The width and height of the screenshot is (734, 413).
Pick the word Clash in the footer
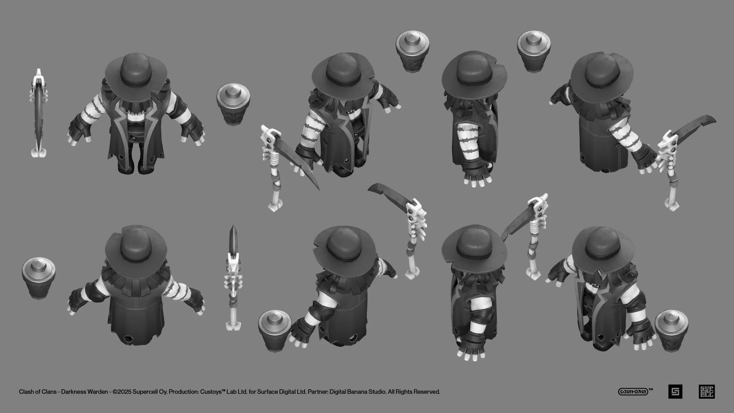coord(26,392)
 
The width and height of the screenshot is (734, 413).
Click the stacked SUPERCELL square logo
coord(707,391)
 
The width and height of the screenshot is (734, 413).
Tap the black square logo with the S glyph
coord(675,391)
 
